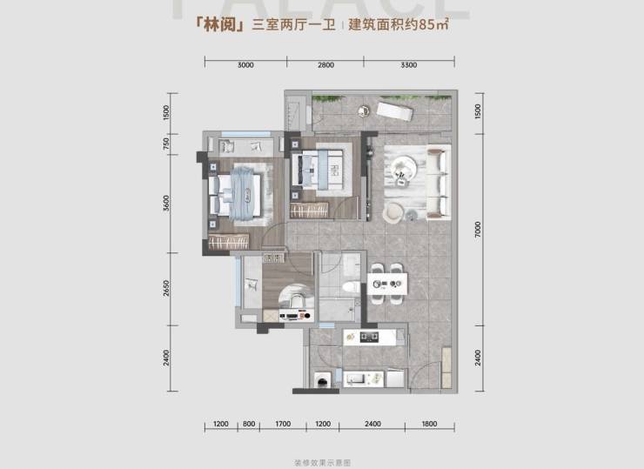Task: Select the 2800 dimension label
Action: pos(325,65)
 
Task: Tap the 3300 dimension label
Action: pos(409,65)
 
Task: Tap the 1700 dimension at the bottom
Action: pos(282,424)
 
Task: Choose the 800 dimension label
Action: pos(249,424)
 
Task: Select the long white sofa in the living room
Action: pos(439,180)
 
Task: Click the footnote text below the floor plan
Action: pos(321,460)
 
